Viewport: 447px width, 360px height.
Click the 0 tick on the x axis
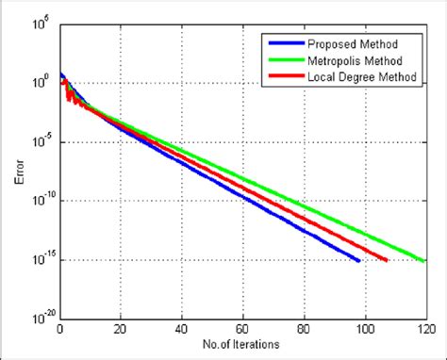(x=60, y=330)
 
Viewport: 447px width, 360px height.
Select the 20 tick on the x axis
(x=121, y=330)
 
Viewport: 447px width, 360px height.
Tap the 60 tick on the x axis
(x=242, y=330)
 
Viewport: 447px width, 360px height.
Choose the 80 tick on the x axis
(x=304, y=330)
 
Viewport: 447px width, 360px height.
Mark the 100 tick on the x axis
(x=364, y=330)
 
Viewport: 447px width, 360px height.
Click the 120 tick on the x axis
(x=424, y=330)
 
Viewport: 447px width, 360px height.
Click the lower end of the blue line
(x=358, y=260)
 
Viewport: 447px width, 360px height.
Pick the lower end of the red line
(x=386, y=260)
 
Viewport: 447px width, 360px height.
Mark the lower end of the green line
(x=423, y=260)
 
